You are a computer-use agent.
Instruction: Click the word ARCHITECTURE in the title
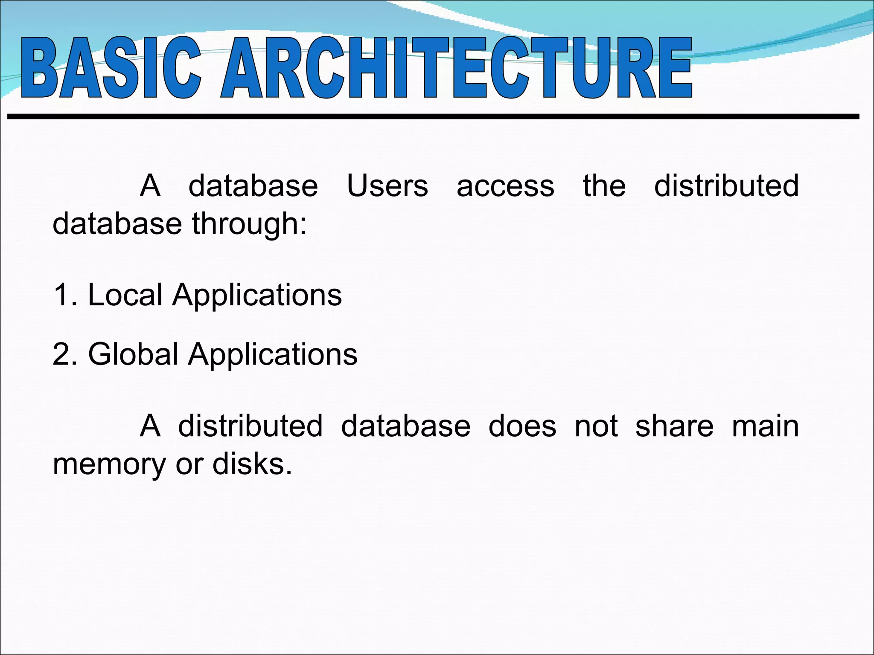456,68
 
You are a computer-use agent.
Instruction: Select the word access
505,187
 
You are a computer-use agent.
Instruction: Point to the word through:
249,224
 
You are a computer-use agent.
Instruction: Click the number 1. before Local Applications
65,295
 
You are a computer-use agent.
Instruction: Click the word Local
125,295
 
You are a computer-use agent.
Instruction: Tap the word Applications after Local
257,296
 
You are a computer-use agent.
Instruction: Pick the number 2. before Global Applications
65,354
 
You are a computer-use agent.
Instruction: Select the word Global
133,354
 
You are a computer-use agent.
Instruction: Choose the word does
522,426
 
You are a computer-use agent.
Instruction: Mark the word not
596,427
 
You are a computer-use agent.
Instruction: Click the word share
674,426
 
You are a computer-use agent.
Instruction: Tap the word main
765,426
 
